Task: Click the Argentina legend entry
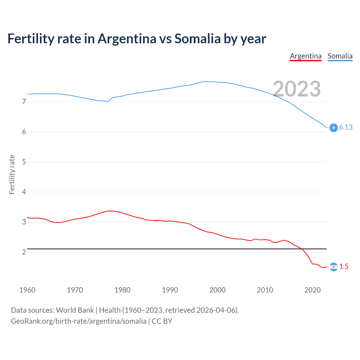tap(306, 56)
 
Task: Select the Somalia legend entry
tap(340, 56)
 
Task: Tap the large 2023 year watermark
tap(297, 89)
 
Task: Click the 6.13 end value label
tap(346, 127)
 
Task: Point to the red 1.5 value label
tap(344, 267)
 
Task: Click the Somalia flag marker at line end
tap(334, 128)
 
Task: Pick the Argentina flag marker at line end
tap(334, 267)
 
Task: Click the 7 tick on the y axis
tap(24, 102)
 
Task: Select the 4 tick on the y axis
tap(24, 192)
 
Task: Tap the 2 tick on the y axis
tap(24, 252)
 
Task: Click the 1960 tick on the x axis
tap(27, 290)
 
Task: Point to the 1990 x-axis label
tap(170, 290)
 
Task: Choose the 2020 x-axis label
tap(312, 290)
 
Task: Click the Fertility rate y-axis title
tap(12, 174)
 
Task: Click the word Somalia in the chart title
tap(197, 39)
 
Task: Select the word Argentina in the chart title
tap(127, 39)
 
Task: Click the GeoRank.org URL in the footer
tap(78, 321)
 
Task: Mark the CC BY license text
tap(162, 321)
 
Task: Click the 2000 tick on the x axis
tap(217, 290)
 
